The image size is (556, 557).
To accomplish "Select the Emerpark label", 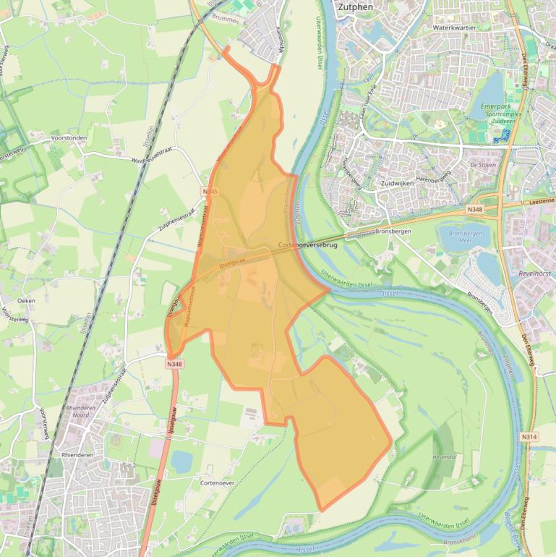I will pyautogui.click(x=495, y=106).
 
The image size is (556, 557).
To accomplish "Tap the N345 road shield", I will pyautogui.click(x=210, y=191).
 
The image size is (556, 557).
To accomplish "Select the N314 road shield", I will pyautogui.click(x=529, y=437).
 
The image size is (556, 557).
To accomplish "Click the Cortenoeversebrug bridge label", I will pyautogui.click(x=307, y=246).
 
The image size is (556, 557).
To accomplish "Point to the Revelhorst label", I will pyautogui.click(x=535, y=274).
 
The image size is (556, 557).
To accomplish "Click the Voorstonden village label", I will pyautogui.click(x=69, y=137).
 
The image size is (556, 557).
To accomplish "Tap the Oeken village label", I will pyautogui.click(x=26, y=300).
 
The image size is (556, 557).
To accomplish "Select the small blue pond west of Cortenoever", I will pyautogui.click(x=181, y=461).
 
